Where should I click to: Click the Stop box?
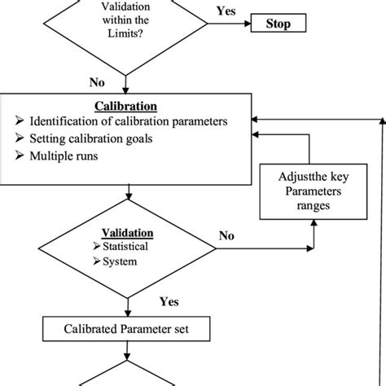pyautogui.click(x=279, y=24)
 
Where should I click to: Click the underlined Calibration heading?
pyautogui.click(x=125, y=107)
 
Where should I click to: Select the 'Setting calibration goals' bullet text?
pyautogui.click(x=94, y=138)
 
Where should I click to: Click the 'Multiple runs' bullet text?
pyautogui.click(x=68, y=155)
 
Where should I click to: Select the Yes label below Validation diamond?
pyautogui.click(x=169, y=301)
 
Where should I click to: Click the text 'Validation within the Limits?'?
pyautogui.click(x=125, y=19)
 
